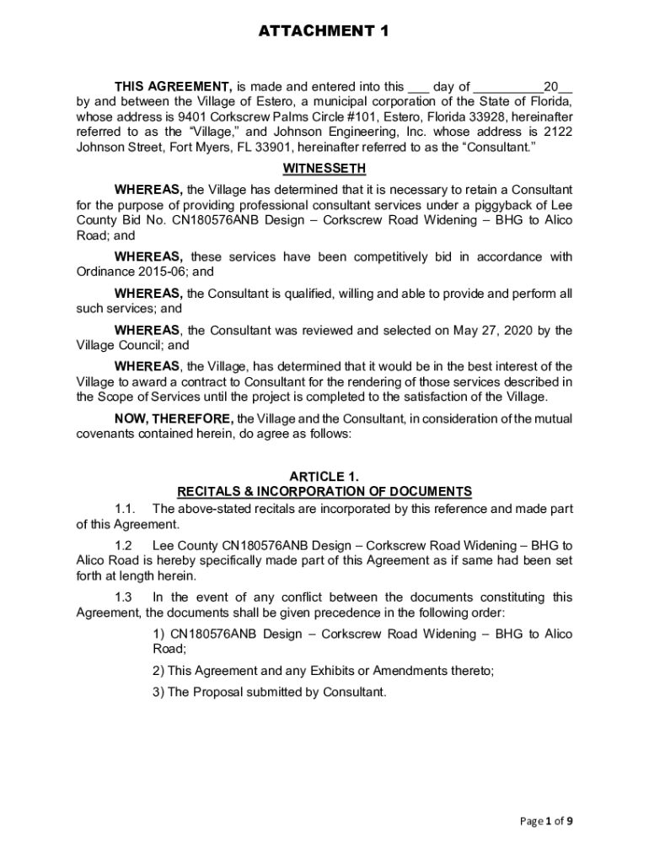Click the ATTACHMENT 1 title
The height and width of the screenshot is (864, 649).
(x=324, y=31)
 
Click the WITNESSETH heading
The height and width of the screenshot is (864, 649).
(x=324, y=168)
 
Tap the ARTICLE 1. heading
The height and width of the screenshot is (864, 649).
(x=324, y=476)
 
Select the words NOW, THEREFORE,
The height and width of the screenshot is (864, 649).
(x=174, y=418)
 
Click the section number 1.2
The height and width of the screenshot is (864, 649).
(x=125, y=546)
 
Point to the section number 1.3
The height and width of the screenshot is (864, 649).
(x=125, y=597)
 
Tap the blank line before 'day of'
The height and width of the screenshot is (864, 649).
(x=418, y=87)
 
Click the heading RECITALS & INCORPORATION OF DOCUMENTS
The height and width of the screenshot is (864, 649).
(x=324, y=491)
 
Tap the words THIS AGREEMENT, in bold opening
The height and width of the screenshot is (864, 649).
(x=174, y=86)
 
